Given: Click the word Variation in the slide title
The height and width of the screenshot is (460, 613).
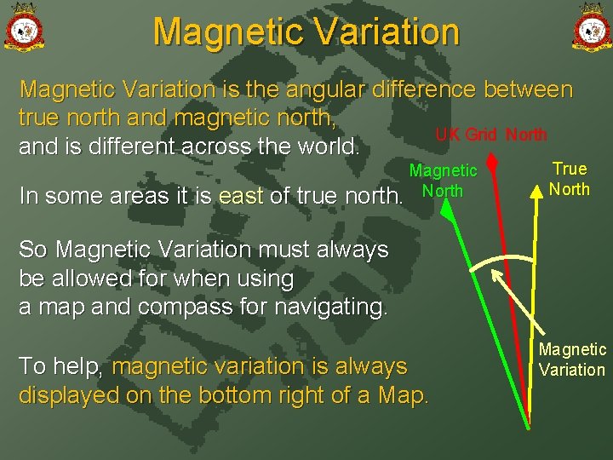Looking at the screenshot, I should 377,32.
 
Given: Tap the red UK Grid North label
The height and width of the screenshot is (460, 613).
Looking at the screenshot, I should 491,135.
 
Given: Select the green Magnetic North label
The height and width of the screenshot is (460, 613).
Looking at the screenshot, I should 443,181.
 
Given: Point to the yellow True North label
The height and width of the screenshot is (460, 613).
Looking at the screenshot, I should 569,179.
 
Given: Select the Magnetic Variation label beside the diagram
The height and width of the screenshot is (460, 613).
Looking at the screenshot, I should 572,359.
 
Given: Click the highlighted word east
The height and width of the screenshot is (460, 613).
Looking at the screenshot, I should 242,196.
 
